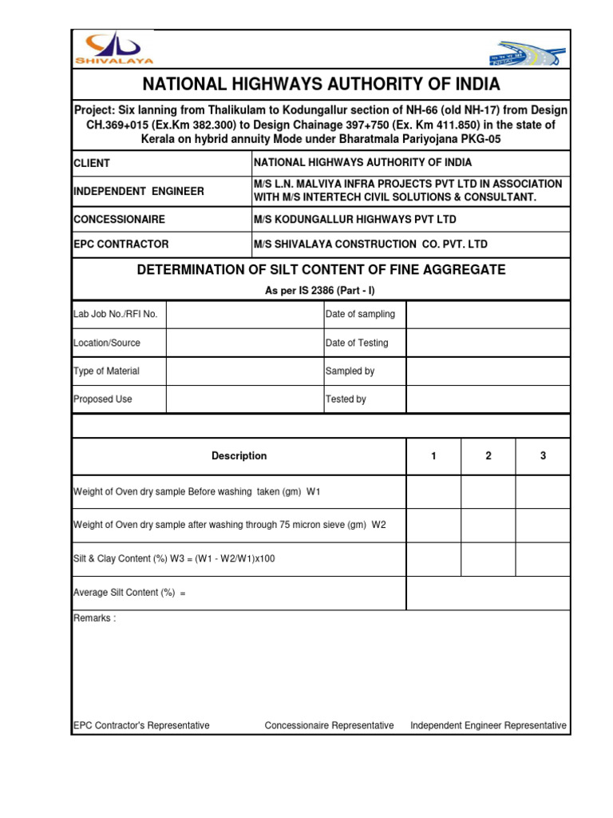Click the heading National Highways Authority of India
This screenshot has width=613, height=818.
pyautogui.click(x=321, y=84)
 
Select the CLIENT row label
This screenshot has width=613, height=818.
pyautogui.click(x=92, y=163)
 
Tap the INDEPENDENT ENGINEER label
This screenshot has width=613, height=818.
pyautogui.click(x=139, y=191)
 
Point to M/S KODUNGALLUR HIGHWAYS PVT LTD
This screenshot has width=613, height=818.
pyautogui.click(x=355, y=219)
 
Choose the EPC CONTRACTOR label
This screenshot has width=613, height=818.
pyautogui.click(x=121, y=244)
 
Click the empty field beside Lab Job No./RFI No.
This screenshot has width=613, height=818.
pyautogui.click(x=244, y=315)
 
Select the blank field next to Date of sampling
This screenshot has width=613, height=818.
pyautogui.click(x=488, y=315)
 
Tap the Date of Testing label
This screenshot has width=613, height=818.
pyautogui.click(x=357, y=343)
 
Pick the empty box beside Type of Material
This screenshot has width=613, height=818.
pyautogui.click(x=244, y=371)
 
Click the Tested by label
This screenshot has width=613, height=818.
pyautogui.click(x=346, y=399)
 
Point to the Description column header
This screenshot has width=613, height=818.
pyautogui.click(x=239, y=456)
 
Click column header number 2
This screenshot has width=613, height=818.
pyautogui.click(x=488, y=456)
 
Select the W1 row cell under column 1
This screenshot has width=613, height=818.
pyautogui.click(x=434, y=492)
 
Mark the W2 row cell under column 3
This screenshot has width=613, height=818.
pyautogui.click(x=543, y=525)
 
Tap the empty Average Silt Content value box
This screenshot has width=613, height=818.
pyautogui.click(x=488, y=593)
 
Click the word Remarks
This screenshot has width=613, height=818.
pyautogui.click(x=94, y=619)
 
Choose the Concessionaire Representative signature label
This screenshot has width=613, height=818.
pyautogui.click(x=329, y=725)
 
